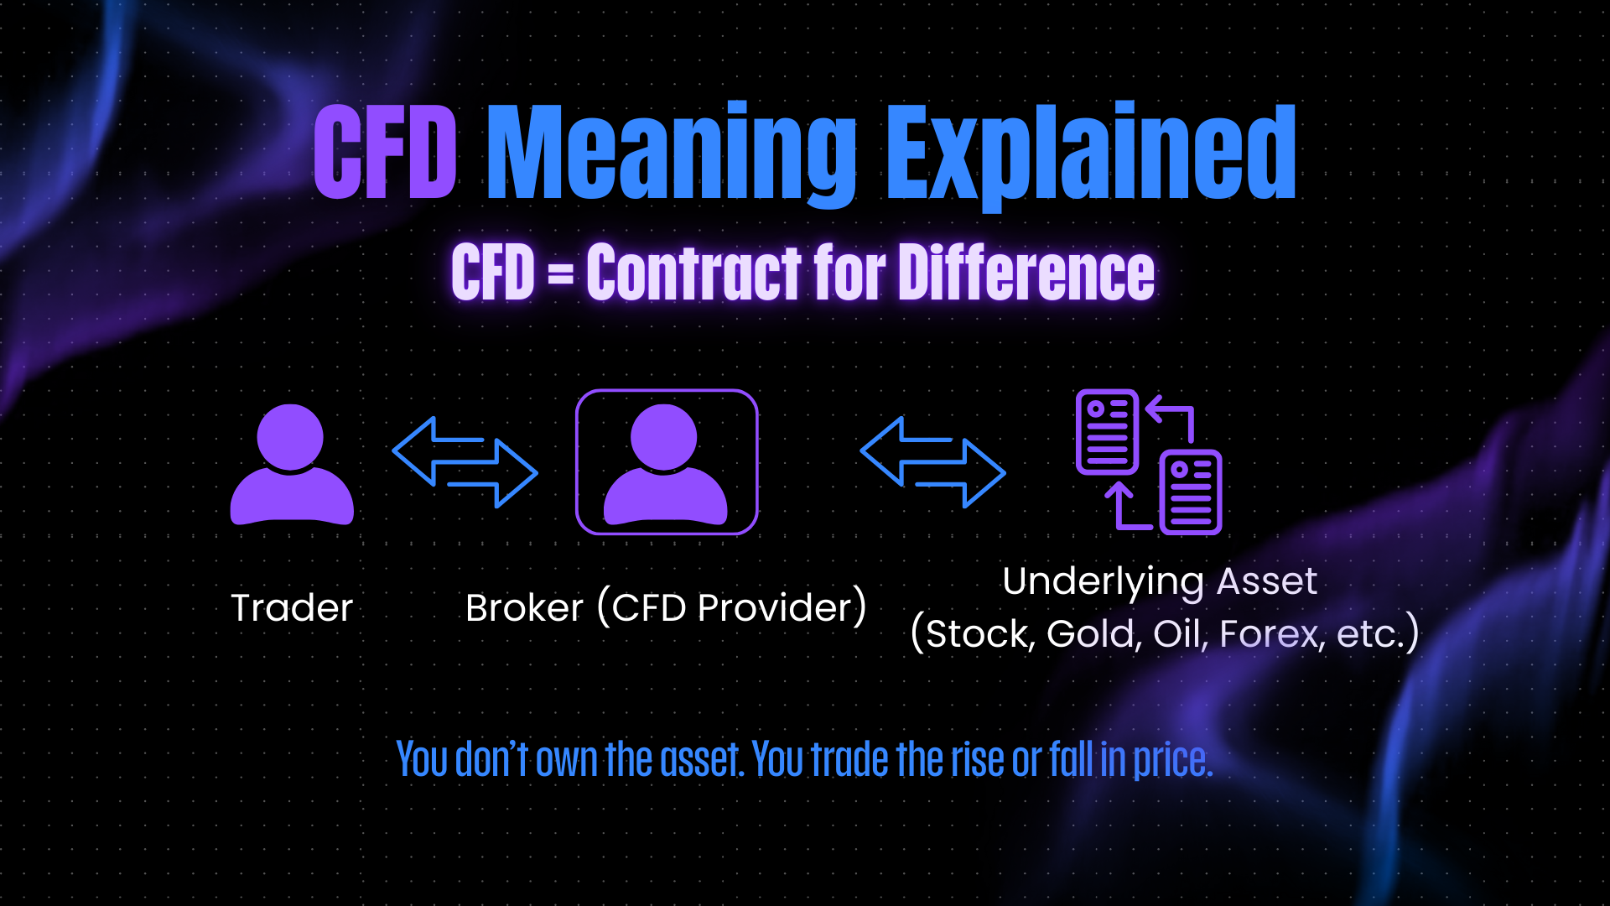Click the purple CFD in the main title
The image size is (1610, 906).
click(x=386, y=152)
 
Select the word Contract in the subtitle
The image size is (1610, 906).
click(x=695, y=272)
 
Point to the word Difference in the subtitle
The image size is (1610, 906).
click(x=1026, y=272)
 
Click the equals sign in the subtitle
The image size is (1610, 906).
click(x=561, y=273)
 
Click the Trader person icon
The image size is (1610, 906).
click(x=292, y=465)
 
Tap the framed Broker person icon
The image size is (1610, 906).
click(x=667, y=462)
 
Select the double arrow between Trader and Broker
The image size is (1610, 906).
click(x=465, y=462)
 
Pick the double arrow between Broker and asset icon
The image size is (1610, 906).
click(x=932, y=462)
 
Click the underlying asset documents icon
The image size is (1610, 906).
click(x=1149, y=462)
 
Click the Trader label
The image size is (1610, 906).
click(x=292, y=607)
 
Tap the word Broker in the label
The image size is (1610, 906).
click(x=524, y=607)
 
